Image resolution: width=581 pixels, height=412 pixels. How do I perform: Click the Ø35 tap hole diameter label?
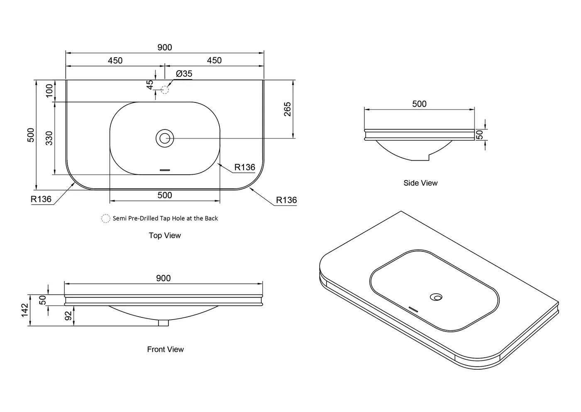(x=184, y=73)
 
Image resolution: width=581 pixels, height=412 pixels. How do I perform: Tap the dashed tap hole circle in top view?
(x=165, y=90)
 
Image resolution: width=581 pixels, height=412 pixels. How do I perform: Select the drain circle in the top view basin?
(x=165, y=139)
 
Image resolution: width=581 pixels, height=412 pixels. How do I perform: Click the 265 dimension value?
(x=287, y=109)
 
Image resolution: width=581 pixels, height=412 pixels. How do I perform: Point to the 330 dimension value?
(x=49, y=138)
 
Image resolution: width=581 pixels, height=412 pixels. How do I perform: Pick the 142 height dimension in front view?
(x=24, y=310)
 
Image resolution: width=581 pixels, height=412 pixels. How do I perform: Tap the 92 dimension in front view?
(x=68, y=316)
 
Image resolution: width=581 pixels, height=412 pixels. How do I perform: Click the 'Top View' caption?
(x=165, y=235)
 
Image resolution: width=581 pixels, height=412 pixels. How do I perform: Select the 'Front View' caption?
(x=166, y=349)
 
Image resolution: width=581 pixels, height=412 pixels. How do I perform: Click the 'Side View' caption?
(x=420, y=183)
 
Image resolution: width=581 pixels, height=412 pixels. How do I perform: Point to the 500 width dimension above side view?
(x=420, y=104)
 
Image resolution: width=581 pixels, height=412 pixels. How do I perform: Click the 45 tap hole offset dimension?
(x=150, y=85)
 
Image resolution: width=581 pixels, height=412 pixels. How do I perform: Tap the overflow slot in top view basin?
(x=165, y=170)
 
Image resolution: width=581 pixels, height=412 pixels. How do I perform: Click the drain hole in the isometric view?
(x=436, y=297)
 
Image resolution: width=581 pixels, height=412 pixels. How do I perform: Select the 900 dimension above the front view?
(x=164, y=278)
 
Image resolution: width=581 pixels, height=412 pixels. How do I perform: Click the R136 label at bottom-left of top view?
(x=41, y=199)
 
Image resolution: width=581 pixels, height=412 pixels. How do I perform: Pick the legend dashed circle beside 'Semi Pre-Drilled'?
(x=105, y=218)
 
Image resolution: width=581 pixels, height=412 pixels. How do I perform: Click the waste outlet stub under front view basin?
(x=164, y=323)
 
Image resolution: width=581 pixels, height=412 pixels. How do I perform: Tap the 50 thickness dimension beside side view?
(x=480, y=134)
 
